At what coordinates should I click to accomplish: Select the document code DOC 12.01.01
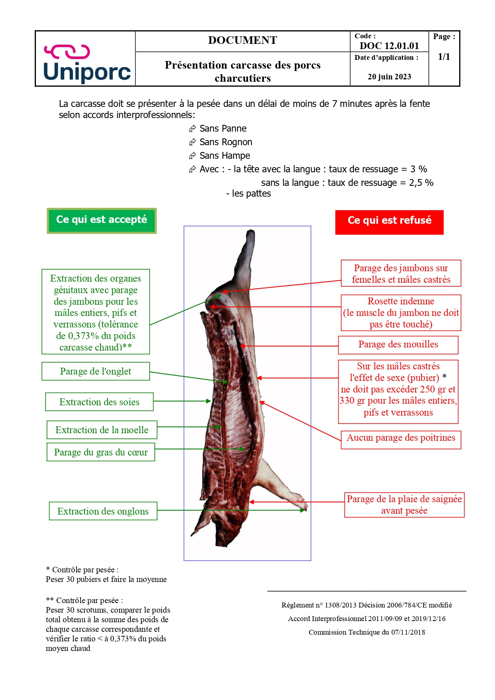389,46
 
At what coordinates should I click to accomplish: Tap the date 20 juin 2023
389,77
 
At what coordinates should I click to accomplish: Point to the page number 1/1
444,57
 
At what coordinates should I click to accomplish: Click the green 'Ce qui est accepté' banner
102,220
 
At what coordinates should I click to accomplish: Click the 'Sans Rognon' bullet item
225,142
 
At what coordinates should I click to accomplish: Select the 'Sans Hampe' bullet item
225,156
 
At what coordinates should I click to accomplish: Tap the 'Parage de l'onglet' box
96,371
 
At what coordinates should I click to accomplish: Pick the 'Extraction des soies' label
99,402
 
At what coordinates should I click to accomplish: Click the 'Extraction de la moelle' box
102,430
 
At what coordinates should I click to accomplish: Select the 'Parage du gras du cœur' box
101,452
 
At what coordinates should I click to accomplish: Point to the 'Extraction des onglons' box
103,511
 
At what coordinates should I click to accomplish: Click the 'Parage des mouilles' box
398,345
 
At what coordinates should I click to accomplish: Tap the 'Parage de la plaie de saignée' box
404,505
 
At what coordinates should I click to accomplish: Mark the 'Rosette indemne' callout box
401,313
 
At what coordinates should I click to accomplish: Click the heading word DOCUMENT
243,40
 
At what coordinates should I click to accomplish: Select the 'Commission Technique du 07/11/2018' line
367,632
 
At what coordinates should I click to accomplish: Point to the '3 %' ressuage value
418,169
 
